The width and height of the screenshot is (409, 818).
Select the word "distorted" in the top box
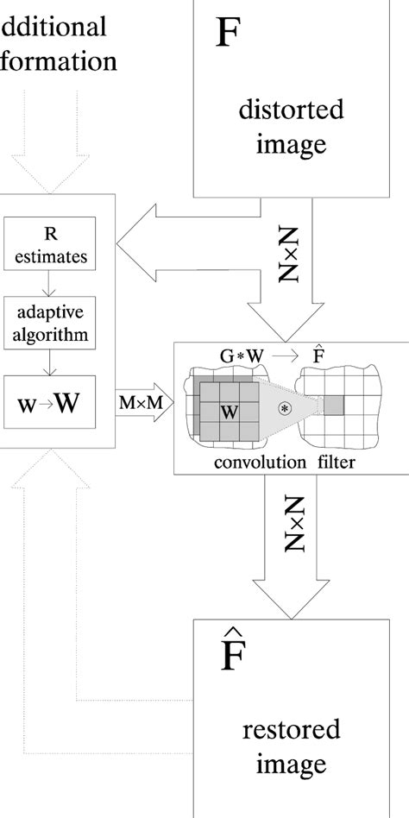coord(290,110)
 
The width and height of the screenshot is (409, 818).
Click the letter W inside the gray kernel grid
coord(229,412)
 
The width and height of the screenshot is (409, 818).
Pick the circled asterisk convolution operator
coord(283,406)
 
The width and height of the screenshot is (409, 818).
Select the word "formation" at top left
coord(58,61)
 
